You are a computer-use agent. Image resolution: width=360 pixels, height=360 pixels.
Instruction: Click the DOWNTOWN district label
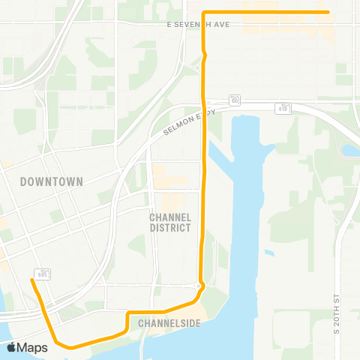51,181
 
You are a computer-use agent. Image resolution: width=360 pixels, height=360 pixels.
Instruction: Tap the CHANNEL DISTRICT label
169,222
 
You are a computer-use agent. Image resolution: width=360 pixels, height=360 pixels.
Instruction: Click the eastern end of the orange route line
328,12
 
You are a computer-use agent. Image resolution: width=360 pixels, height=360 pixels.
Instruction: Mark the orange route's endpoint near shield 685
31,280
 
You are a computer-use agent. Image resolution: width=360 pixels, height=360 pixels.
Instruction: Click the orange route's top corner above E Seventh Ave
204,12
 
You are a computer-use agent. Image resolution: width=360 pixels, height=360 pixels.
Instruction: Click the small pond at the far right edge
349,150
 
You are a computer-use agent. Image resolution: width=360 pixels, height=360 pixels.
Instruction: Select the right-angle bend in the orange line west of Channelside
128,313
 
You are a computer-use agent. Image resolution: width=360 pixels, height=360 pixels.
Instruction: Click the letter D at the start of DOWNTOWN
23,181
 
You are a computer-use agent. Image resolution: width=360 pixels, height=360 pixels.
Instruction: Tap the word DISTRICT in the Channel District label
169,227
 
